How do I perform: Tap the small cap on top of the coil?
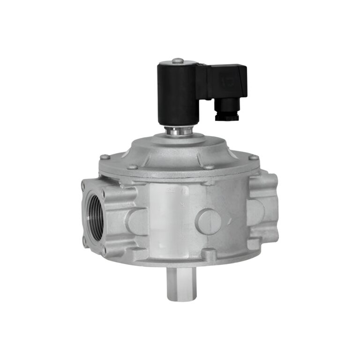point(177,60)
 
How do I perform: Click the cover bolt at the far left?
point(105,157)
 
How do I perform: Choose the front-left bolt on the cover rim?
point(132,166)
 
